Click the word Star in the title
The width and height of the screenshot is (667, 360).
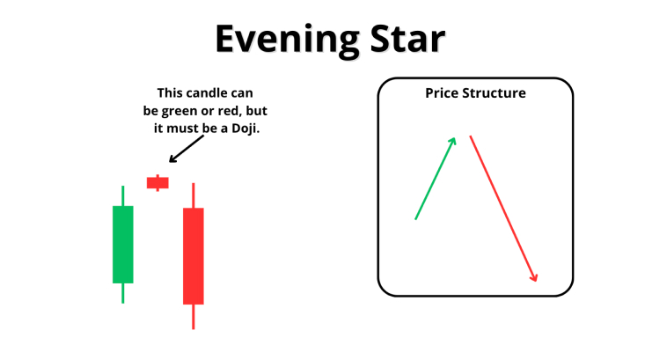tap(407, 39)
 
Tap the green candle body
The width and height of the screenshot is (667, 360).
tap(123, 245)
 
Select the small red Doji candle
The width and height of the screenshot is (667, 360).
tap(158, 183)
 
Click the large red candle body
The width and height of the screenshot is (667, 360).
tap(194, 256)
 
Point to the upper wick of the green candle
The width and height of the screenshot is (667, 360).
tap(123, 195)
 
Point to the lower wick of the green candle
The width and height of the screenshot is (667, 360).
tap(123, 293)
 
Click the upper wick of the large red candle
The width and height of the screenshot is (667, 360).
tap(194, 195)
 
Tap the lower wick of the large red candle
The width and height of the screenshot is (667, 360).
tap(194, 317)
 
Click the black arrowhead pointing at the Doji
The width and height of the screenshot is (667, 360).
tap(172, 159)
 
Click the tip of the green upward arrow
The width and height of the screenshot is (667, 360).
tap(455, 138)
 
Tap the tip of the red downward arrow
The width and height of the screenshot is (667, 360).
tap(537, 282)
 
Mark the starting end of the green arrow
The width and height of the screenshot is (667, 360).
tap(415, 219)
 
